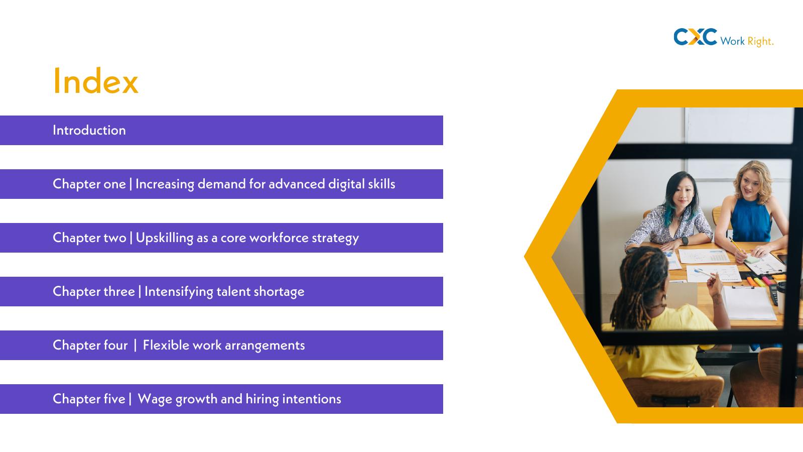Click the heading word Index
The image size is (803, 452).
pyautogui.click(x=95, y=81)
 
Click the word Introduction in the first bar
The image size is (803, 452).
pyautogui.click(x=89, y=130)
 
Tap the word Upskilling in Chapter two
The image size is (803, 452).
pyautogui.click(x=165, y=238)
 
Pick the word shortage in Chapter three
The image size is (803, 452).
pyautogui.click(x=279, y=292)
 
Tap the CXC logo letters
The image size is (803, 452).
pyautogui.click(x=695, y=37)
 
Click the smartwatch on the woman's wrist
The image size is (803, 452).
pyautogui.click(x=685, y=241)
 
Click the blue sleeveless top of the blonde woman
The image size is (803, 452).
pyautogui.click(x=750, y=220)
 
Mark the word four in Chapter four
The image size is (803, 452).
pyautogui.click(x=115, y=345)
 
